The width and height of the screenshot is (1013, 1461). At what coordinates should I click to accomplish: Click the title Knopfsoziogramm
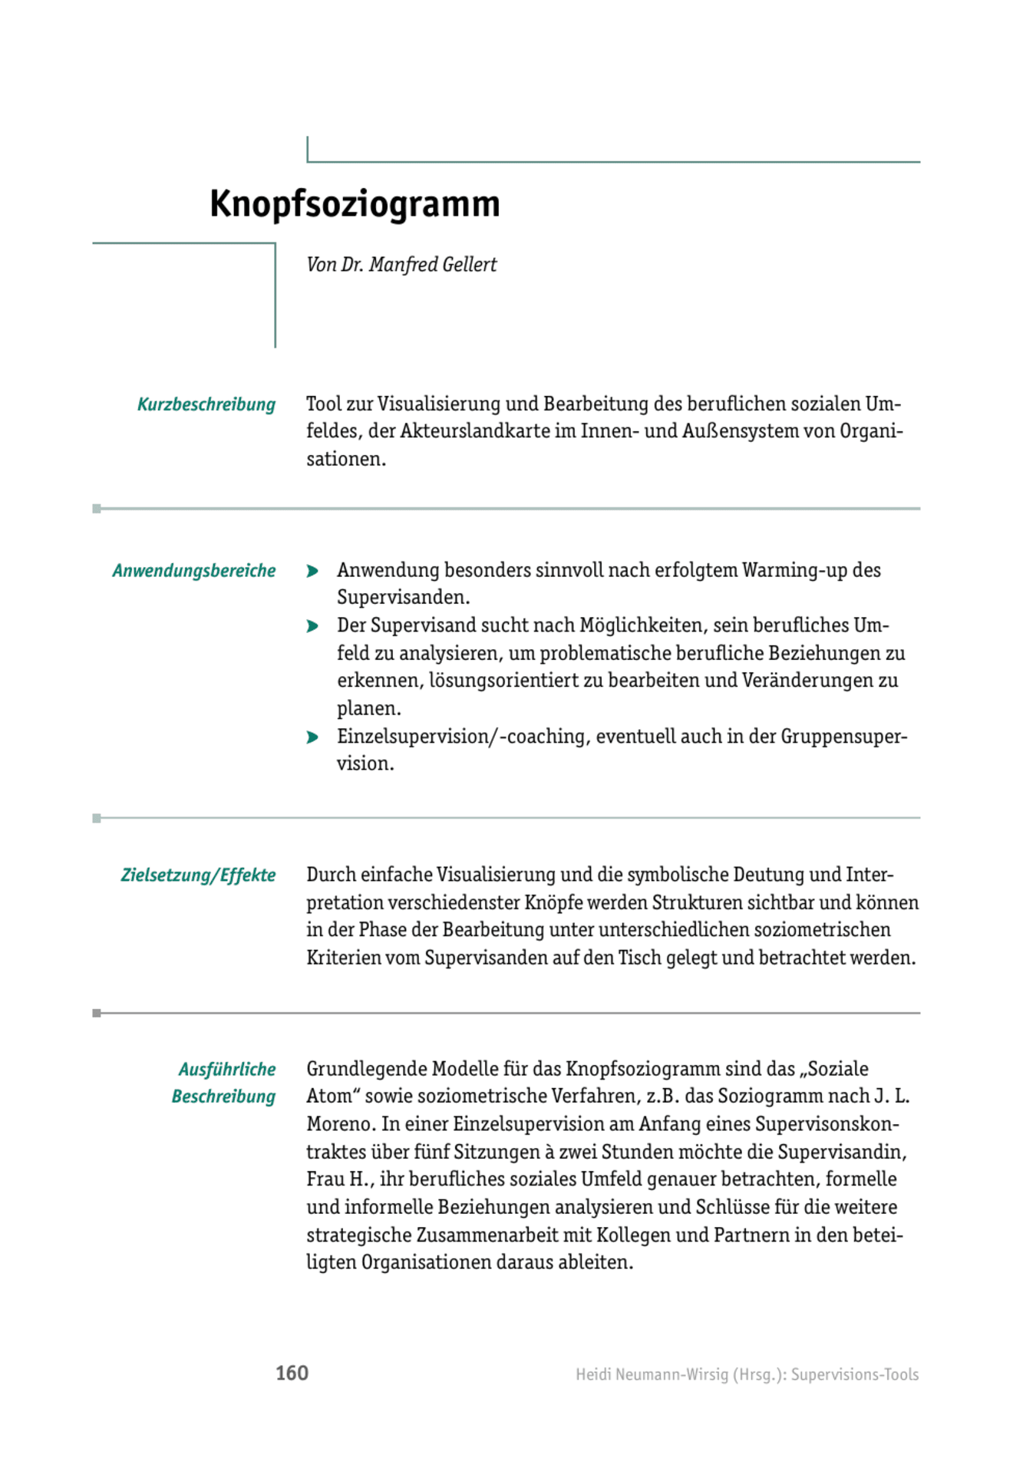pos(355,204)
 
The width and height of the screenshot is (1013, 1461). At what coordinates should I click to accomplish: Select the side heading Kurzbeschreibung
pos(206,404)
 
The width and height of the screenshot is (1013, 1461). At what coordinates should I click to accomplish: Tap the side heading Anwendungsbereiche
pos(193,571)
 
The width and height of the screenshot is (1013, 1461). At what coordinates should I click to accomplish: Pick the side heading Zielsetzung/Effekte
pos(198,876)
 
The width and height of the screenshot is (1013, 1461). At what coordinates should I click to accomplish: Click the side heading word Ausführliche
pos(226,1070)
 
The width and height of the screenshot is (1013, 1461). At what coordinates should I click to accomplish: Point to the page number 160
pos(292,1373)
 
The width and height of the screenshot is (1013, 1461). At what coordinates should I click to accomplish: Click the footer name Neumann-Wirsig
pos(661,1374)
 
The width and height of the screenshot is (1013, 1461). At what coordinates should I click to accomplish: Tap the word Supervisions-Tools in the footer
pos(855,1374)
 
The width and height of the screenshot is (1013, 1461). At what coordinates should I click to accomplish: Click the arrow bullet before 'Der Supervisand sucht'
pos(312,626)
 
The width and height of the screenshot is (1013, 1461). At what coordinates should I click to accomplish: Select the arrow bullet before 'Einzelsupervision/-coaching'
pos(312,737)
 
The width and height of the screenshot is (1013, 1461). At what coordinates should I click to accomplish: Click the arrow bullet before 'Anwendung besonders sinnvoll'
pos(312,571)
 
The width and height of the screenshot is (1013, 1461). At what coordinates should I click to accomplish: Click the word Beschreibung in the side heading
pos(223,1097)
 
